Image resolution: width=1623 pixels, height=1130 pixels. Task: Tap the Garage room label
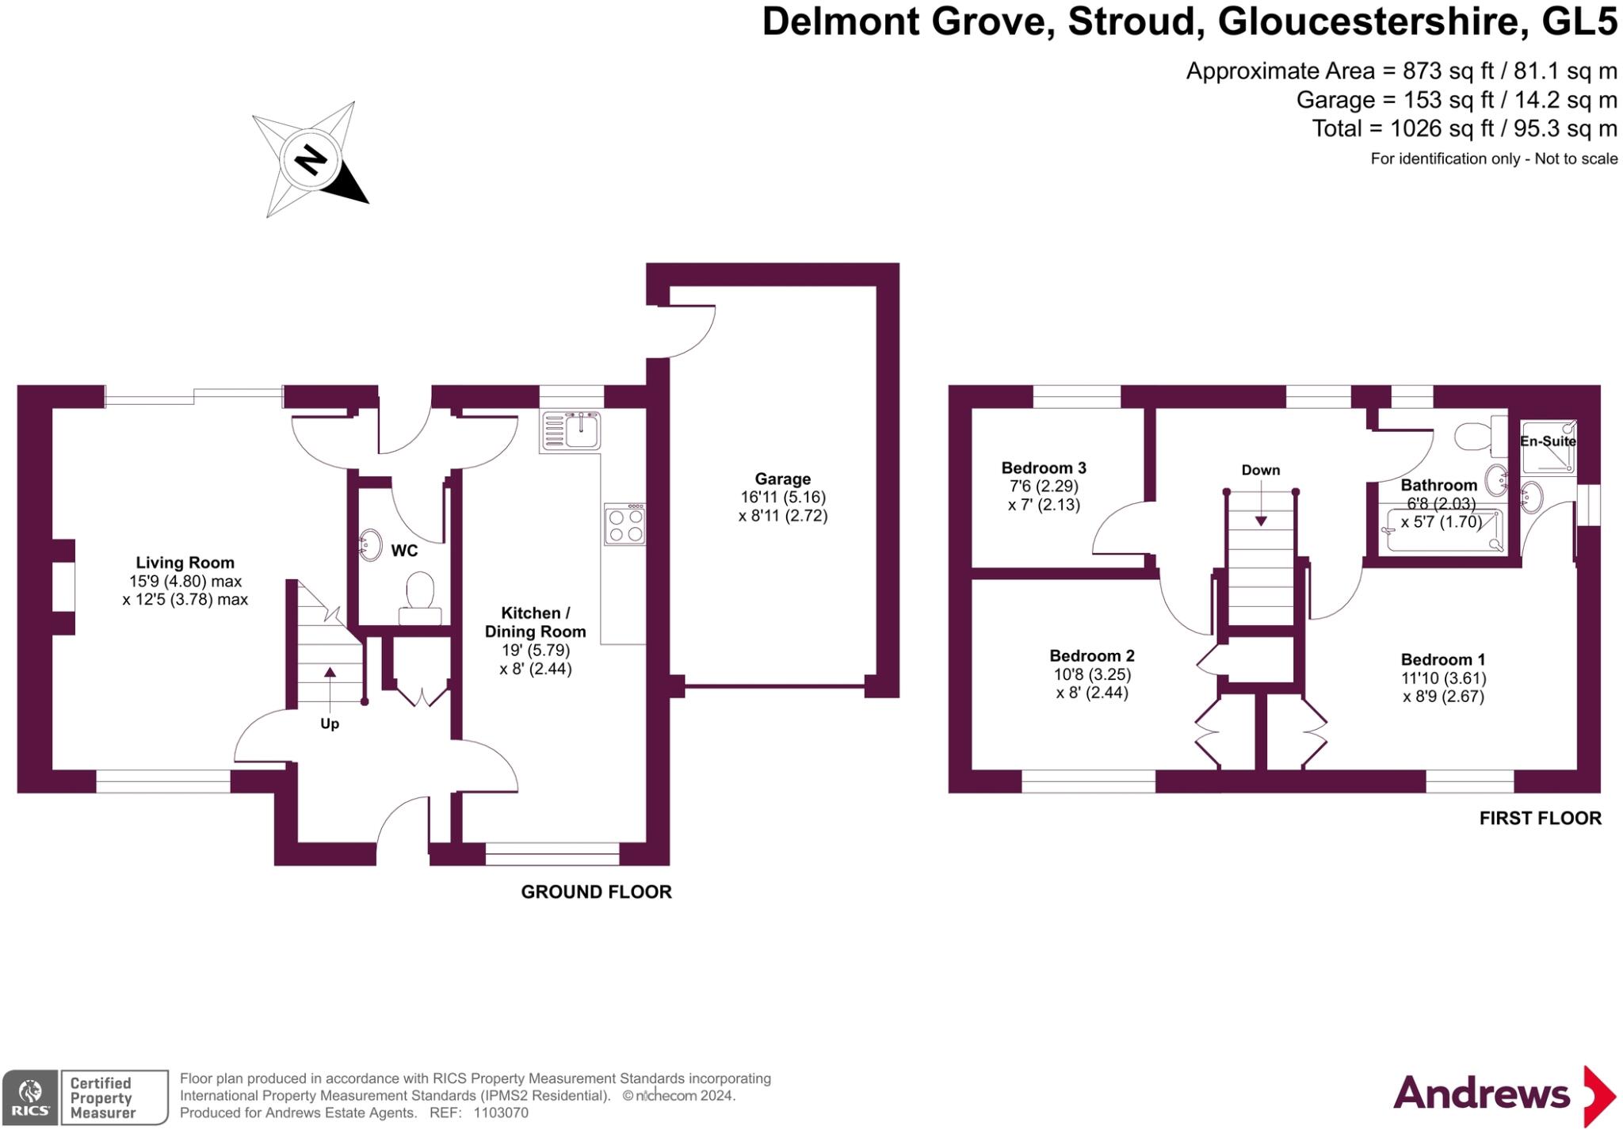tap(782, 479)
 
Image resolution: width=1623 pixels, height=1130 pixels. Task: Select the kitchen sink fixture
tap(571, 431)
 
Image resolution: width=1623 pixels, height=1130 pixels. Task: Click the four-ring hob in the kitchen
tap(624, 525)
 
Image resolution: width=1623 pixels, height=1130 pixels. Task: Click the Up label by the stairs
tap(330, 723)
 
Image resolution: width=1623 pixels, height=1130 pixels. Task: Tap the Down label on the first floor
tap(1260, 470)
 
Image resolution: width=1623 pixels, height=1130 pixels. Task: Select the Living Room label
tap(185, 563)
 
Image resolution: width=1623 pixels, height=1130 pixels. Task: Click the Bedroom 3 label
tap(1043, 468)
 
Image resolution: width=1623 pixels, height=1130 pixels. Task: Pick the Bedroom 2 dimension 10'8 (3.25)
tap(1091, 674)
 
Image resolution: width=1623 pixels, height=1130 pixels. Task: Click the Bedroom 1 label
tap(1442, 659)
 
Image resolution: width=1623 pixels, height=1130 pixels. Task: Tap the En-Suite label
tap(1547, 441)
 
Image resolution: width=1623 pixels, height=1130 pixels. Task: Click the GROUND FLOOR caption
tap(596, 891)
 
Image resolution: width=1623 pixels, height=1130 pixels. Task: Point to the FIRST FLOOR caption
tap(1540, 818)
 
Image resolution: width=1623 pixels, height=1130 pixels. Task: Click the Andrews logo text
tap(1481, 1094)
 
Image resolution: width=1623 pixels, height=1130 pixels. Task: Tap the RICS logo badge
tap(30, 1097)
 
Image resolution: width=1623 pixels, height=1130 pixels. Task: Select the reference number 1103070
tap(500, 1113)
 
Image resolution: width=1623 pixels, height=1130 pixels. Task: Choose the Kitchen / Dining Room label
tap(535, 622)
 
